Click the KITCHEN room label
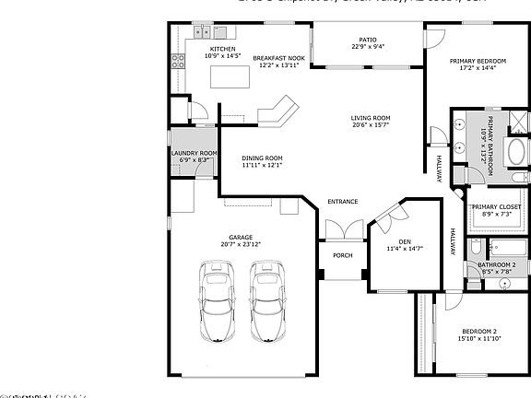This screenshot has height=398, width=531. click(x=223, y=49)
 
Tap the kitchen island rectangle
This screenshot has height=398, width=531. click(x=231, y=77)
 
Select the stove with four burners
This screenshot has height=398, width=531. click(x=178, y=64)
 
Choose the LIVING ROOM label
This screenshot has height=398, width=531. click(x=370, y=118)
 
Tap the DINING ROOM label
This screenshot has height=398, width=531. click(x=262, y=158)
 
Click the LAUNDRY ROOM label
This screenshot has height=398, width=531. click(x=194, y=153)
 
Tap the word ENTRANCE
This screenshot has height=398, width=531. click(x=343, y=202)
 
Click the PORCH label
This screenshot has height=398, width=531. click(x=342, y=255)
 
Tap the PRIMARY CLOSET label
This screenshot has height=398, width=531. click(x=496, y=207)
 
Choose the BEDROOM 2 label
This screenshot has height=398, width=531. click(x=479, y=332)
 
